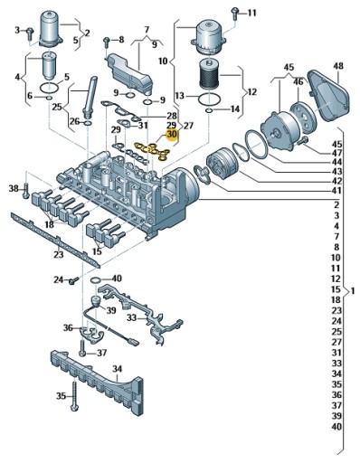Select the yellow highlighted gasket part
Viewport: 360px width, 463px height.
[152, 151]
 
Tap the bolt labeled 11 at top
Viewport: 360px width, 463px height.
[234, 14]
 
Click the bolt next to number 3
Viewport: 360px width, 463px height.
[30, 33]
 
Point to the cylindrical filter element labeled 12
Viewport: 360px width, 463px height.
[209, 73]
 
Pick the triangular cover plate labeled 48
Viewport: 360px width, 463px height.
[328, 96]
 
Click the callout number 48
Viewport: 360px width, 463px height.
[338, 66]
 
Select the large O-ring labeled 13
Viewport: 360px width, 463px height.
[210, 99]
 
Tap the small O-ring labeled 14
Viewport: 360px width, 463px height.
[209, 110]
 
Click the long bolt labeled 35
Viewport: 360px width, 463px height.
[74, 395]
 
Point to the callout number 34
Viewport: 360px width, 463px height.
[118, 369]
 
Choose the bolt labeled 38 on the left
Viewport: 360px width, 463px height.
[26, 191]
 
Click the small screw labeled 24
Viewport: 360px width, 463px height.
[73, 280]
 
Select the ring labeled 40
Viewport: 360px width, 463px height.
[96, 280]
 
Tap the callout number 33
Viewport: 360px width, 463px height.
[131, 317]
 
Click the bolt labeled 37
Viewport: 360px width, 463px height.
[82, 348]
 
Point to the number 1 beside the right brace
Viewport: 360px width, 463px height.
[353, 291]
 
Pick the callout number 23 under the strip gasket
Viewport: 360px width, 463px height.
[59, 254]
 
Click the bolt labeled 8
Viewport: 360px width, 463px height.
[106, 43]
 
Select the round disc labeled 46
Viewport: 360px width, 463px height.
[302, 118]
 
